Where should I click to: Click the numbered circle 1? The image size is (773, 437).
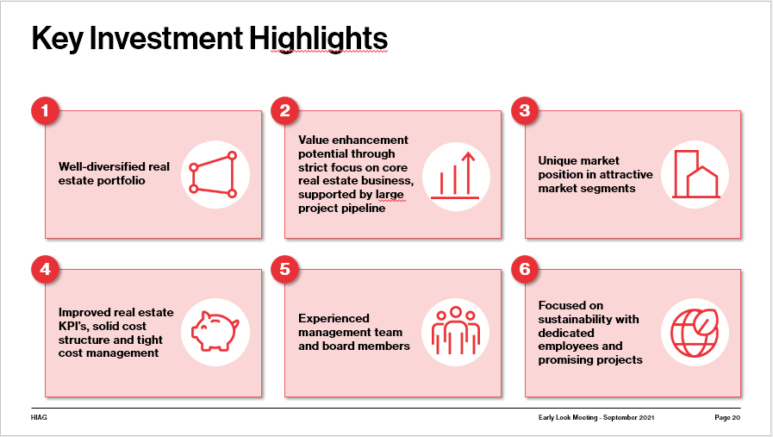pyautogui.click(x=46, y=110)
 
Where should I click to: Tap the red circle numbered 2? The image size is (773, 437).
pyautogui.click(x=285, y=110)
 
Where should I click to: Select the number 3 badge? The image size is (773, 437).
pyautogui.click(x=525, y=110)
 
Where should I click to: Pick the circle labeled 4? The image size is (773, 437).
pyautogui.click(x=46, y=269)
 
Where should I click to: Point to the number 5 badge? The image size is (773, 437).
pyautogui.click(x=285, y=269)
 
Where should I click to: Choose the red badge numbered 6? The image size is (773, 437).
pyautogui.click(x=525, y=269)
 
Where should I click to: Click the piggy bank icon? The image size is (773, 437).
pyautogui.click(x=215, y=332)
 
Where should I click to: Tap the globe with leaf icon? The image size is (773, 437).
pyautogui.click(x=695, y=333)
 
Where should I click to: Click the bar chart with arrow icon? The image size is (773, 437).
pyautogui.click(x=455, y=176)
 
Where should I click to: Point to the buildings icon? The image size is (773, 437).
pyautogui.click(x=695, y=174)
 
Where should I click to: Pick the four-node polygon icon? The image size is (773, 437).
pyautogui.click(x=214, y=175)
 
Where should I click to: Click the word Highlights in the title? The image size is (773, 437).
pyautogui.click(x=319, y=39)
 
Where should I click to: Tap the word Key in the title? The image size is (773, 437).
pyautogui.click(x=57, y=39)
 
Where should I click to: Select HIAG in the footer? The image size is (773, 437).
pyautogui.click(x=39, y=417)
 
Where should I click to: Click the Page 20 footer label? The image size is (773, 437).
pyautogui.click(x=727, y=417)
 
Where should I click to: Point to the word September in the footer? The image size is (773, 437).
pyautogui.click(x=620, y=417)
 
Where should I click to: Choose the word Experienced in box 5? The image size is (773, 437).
pyautogui.click(x=334, y=318)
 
